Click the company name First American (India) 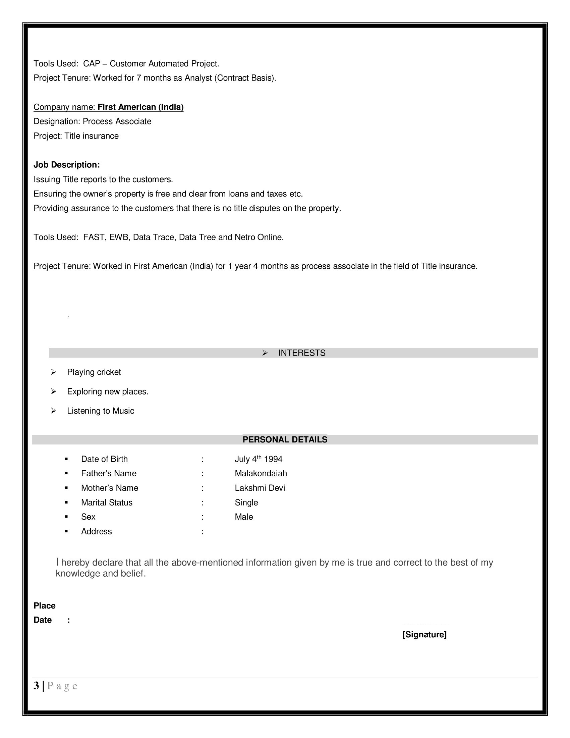point(140,107)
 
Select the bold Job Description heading point(66,165)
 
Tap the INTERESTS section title point(301,353)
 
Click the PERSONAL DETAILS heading point(285,440)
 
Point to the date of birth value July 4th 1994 point(258,459)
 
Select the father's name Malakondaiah point(261,473)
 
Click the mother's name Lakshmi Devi point(260,488)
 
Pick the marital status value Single point(246,503)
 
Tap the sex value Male point(243,517)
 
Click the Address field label point(96,531)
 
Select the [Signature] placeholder point(424,635)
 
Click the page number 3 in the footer point(36,686)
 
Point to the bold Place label point(44,605)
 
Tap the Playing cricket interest point(94,372)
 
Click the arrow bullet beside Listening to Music point(53,411)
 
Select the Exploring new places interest point(108,391)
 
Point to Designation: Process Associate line point(92,121)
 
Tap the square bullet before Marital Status point(66,503)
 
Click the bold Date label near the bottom point(43,620)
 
